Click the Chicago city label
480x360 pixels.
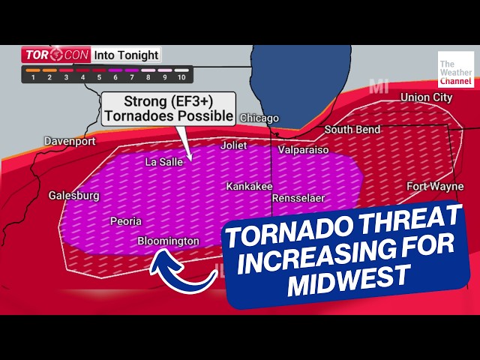tap(259, 118)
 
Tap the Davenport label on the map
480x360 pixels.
tap(70, 141)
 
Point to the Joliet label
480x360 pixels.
tap(233, 145)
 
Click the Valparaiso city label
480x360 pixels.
tap(304, 150)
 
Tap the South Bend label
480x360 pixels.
tap(349, 130)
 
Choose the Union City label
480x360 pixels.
tap(427, 97)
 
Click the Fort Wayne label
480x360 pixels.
tap(435, 186)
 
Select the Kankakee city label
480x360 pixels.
tap(249, 186)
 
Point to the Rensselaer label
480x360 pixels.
tap(298, 199)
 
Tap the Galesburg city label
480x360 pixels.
tap(74, 196)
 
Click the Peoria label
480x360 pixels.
tap(125, 221)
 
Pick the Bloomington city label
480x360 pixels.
tap(169, 241)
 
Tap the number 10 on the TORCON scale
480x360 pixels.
tap(181, 77)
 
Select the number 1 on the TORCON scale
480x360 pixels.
tap(33, 77)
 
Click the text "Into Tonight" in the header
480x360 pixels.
tap(126, 55)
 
